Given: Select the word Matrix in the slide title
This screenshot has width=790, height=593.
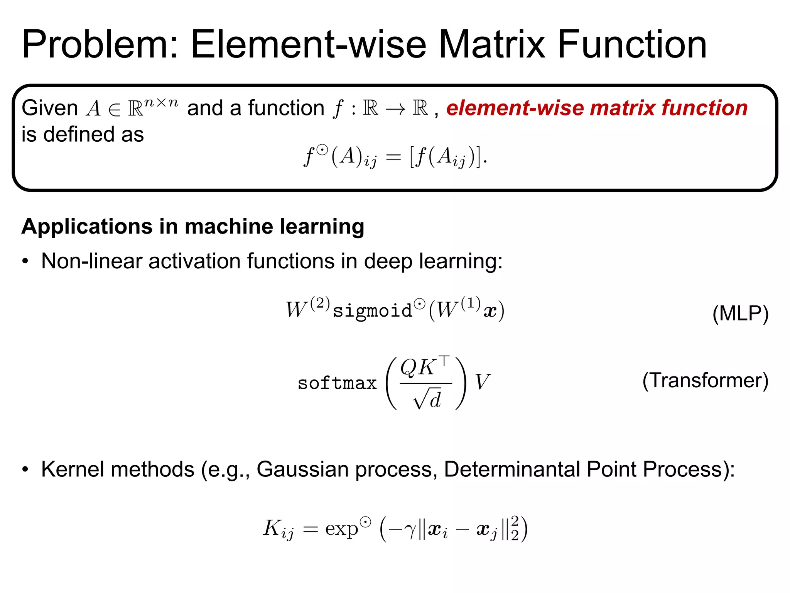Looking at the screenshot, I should tap(491, 45).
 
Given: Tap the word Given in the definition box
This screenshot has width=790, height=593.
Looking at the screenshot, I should tap(50, 108).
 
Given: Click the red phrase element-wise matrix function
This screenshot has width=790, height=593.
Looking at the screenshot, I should tap(597, 108).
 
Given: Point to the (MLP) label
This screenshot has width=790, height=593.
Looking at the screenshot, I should tap(740, 313).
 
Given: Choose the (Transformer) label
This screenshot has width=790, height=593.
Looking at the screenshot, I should tap(705, 380).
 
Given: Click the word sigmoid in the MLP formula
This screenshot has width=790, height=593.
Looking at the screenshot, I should tap(372, 311).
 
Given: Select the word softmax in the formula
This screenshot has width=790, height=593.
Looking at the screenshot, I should tap(337, 383).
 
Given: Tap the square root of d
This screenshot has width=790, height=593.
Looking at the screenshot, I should tap(427, 400).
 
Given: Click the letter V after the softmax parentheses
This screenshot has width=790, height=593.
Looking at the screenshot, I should tap(482, 382).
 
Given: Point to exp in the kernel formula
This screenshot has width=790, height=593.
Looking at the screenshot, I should tap(341, 529).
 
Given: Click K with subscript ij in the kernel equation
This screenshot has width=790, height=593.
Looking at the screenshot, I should tap(278, 529).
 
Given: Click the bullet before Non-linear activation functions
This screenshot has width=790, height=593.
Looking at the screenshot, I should tap(25, 261).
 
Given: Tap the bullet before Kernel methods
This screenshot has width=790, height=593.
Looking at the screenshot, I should tap(25, 469).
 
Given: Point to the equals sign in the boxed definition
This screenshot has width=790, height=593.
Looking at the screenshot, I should tap(393, 157).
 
